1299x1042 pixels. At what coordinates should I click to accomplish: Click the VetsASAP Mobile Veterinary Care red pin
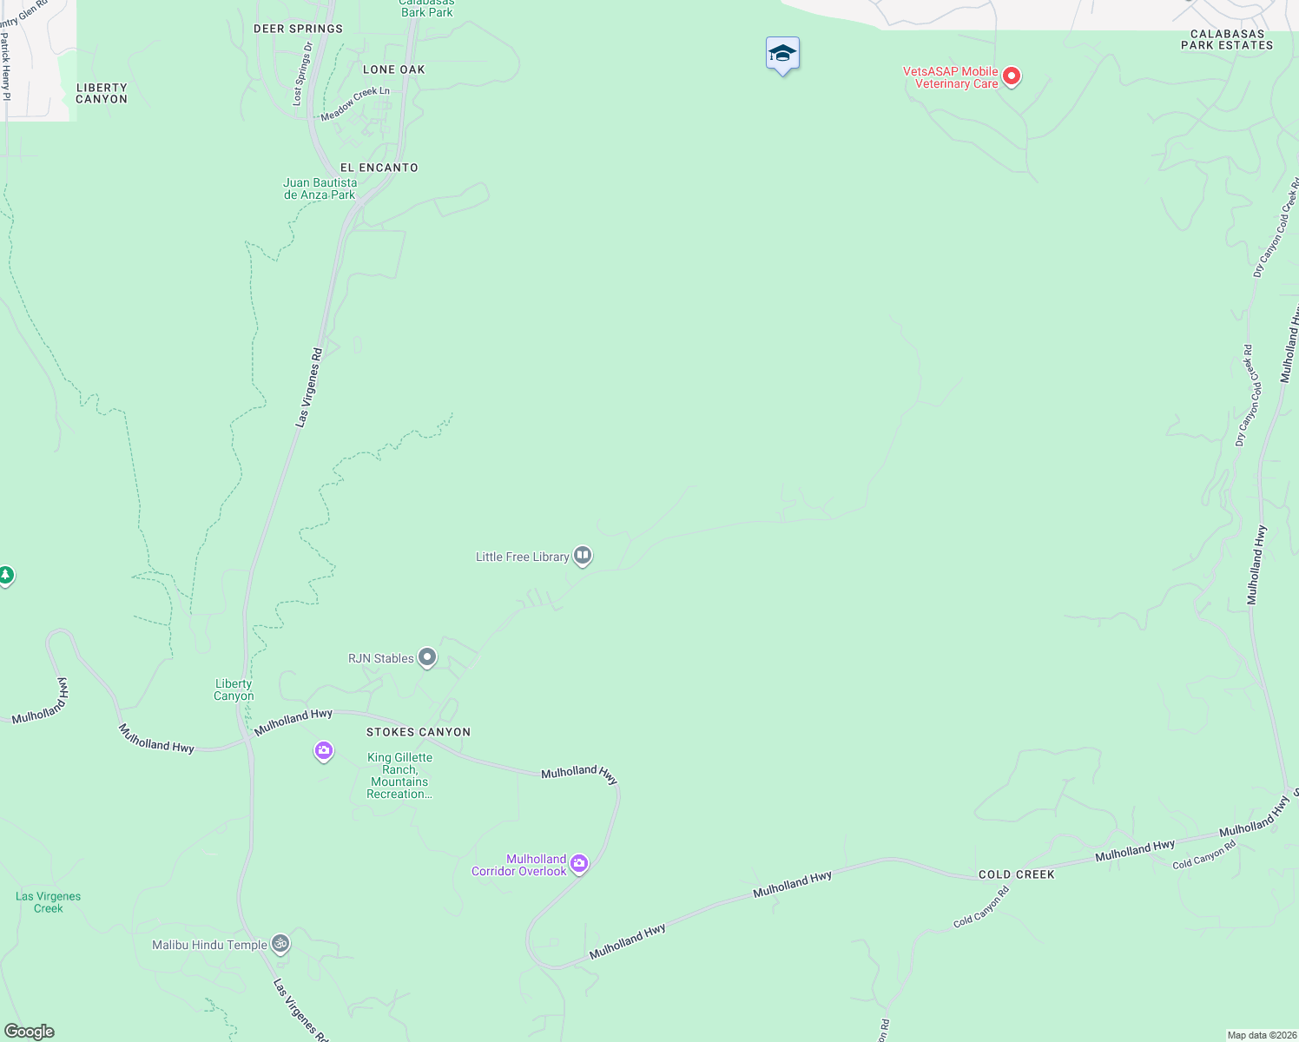click(1012, 76)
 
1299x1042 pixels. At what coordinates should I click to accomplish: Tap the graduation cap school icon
click(782, 54)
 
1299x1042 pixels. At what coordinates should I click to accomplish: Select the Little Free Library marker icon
click(583, 555)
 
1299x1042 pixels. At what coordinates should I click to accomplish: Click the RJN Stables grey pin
click(427, 657)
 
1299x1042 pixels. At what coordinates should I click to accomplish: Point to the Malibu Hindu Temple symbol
click(280, 943)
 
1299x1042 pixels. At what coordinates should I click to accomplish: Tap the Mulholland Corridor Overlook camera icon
click(579, 863)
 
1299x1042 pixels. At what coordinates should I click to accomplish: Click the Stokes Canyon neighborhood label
click(419, 732)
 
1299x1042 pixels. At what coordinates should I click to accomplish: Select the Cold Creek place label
click(1016, 874)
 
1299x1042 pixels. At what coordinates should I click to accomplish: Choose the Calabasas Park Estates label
click(1227, 40)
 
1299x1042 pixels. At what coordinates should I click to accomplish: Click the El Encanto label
click(379, 168)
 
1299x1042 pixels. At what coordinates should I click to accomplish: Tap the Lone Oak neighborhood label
click(394, 69)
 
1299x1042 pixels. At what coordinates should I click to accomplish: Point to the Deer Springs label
click(298, 29)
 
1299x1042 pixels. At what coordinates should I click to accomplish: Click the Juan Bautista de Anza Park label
click(320, 188)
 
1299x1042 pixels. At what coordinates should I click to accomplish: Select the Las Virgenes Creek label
click(49, 902)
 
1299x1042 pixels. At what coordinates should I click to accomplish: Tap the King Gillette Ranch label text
click(399, 775)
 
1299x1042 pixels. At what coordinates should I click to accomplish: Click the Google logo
click(29, 1032)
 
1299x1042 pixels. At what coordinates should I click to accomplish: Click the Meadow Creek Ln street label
click(355, 104)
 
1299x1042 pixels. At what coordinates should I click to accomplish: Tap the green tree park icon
click(5, 575)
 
